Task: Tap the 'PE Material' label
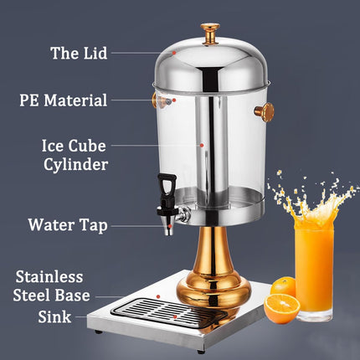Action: (64, 101)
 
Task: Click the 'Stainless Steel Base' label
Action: (51, 285)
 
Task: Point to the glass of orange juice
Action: (314, 269)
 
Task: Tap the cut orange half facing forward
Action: (282, 309)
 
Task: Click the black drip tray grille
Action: (172, 311)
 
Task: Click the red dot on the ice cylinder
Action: (203, 144)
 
